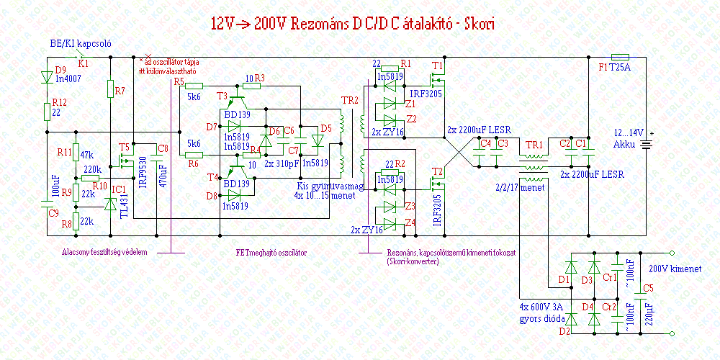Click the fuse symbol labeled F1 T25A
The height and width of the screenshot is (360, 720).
(620, 57)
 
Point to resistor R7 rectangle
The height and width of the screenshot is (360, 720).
(109, 90)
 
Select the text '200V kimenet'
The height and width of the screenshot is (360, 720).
(675, 269)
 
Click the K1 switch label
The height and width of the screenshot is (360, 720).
(84, 63)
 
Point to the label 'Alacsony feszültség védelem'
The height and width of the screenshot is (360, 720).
(104, 253)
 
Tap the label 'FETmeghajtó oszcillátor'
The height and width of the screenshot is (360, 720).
(271, 253)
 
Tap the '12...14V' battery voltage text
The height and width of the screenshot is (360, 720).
(628, 133)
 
